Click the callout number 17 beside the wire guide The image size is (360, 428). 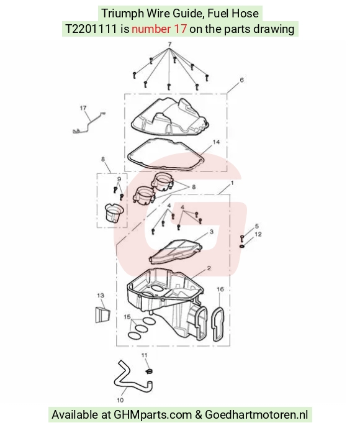click(83, 108)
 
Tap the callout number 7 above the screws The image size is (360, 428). click(169, 44)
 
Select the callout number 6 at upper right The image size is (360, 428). click(241, 80)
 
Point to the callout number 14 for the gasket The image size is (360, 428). click(216, 142)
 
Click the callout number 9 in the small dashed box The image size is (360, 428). click(119, 179)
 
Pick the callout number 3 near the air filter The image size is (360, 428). click(212, 232)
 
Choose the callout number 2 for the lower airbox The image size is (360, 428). click(209, 268)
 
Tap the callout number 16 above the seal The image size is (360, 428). click(220, 289)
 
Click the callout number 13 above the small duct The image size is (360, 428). click(101, 295)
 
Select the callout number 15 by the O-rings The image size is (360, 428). click(127, 317)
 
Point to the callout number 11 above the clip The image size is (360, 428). click(144, 355)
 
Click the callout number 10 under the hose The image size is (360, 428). click(120, 400)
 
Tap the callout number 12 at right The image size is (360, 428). click(258, 234)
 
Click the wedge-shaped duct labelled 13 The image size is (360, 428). click(102, 314)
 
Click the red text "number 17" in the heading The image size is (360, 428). click(160, 29)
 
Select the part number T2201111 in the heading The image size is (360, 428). click(91, 29)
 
